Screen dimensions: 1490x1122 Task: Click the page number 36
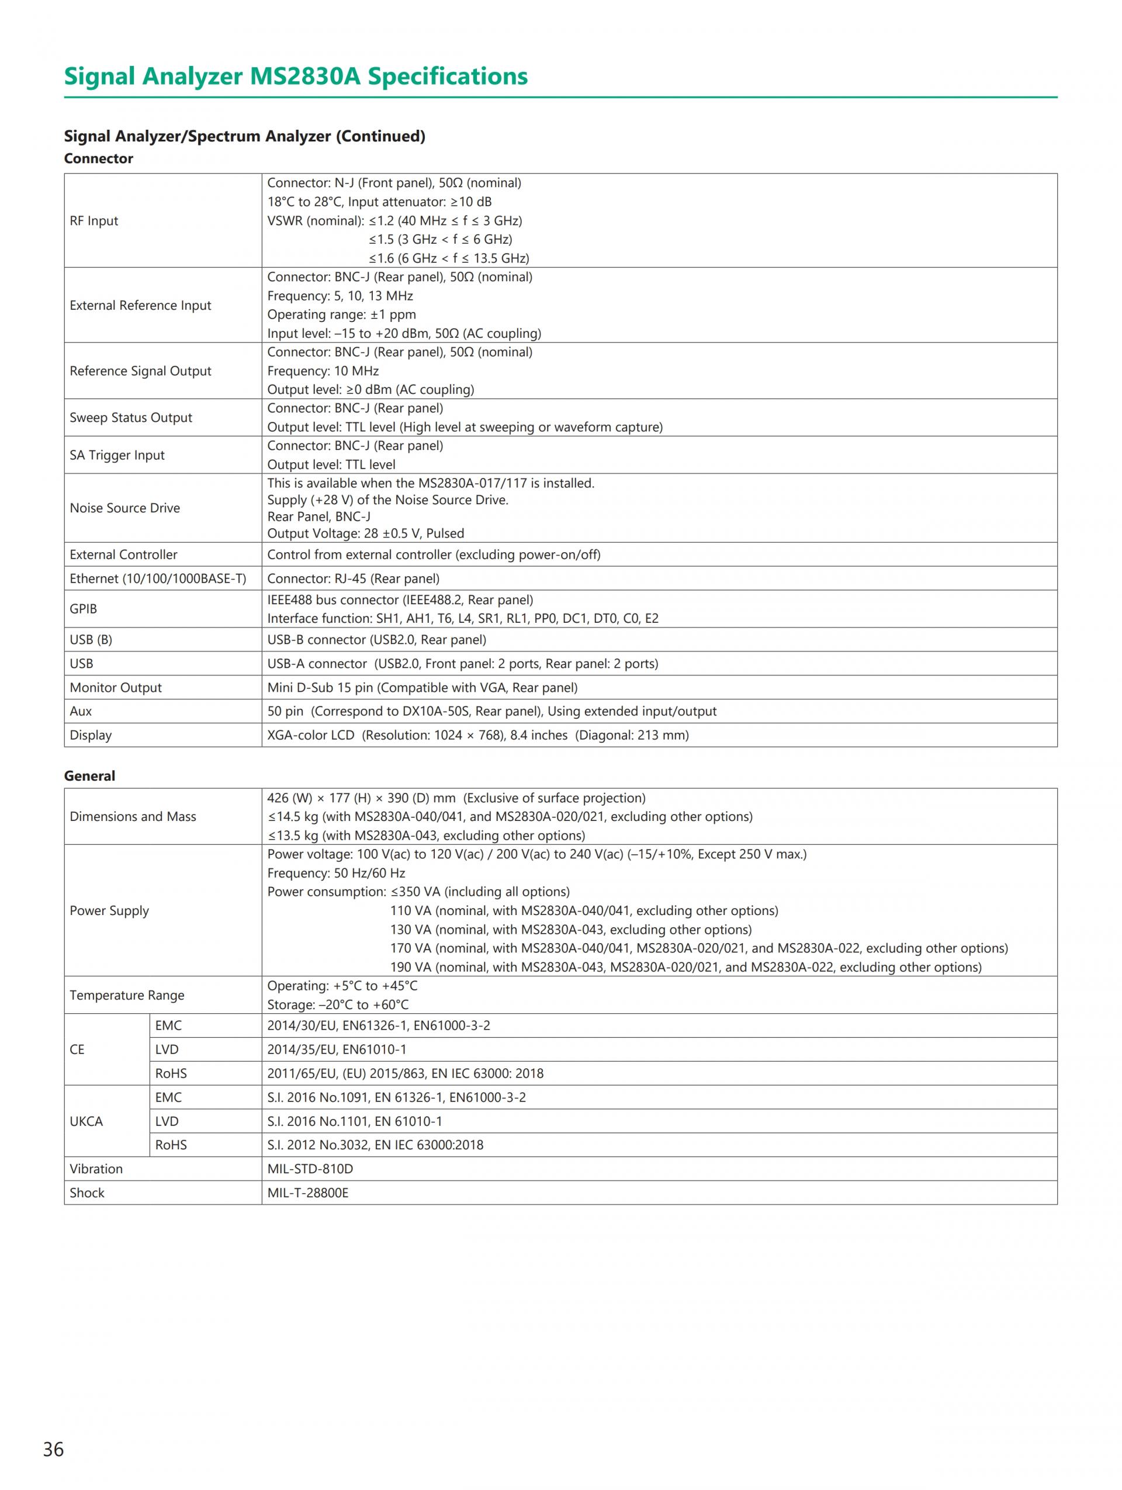pos(53,1449)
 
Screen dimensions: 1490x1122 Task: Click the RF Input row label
pos(93,221)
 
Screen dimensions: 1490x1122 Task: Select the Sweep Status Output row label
pos(131,418)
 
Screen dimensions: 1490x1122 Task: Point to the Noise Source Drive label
pos(124,508)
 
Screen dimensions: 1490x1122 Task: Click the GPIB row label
pos(83,609)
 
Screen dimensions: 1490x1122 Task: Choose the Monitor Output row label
pos(115,688)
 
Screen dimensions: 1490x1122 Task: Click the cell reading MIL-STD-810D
pos(310,1169)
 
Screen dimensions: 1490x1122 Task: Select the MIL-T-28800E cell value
pos(308,1193)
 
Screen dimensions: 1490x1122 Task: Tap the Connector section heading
pos(98,159)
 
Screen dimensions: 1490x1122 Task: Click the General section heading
pos(89,776)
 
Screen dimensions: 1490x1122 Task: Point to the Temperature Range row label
pos(127,996)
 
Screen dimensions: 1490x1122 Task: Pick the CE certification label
pos(77,1049)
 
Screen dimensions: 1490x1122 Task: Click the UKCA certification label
pos(86,1121)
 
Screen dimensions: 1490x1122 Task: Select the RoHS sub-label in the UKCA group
pos(171,1145)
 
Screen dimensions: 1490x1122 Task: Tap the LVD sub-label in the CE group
pos(167,1049)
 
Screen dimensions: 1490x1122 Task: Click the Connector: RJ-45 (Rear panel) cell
pos(353,578)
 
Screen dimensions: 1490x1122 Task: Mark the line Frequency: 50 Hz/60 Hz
pos(336,874)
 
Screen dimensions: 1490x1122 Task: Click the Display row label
pos(90,736)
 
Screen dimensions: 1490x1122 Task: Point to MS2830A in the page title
pos(305,77)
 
